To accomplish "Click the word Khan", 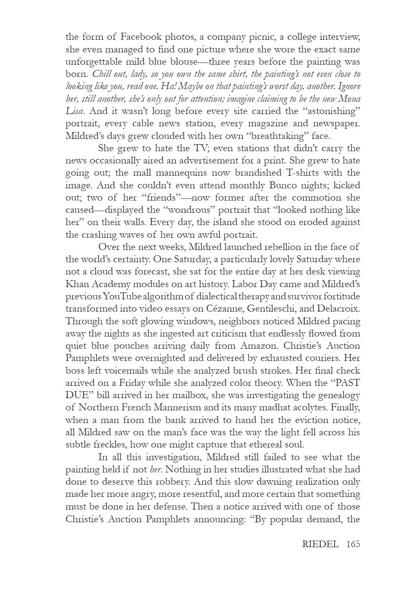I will pyautogui.click(x=77, y=284).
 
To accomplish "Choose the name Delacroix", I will pyautogui.click(x=338, y=309).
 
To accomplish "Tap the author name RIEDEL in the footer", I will pyautogui.click(x=321, y=544).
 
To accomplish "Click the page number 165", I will pyautogui.click(x=353, y=544).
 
